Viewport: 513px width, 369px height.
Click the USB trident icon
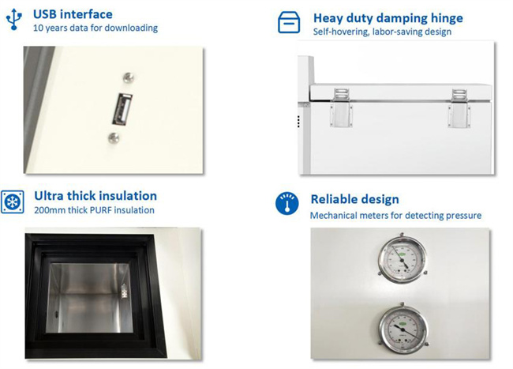click(x=14, y=19)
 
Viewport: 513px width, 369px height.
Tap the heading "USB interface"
click(x=73, y=14)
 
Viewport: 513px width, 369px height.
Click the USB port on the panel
click(x=122, y=109)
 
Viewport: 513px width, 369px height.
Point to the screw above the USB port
click(x=128, y=77)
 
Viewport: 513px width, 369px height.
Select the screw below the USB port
click(x=114, y=137)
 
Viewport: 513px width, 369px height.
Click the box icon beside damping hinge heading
click(x=289, y=22)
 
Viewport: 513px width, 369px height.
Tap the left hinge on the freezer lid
click(x=341, y=107)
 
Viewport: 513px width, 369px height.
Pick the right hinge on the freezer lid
click(x=459, y=107)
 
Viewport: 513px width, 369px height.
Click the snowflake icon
click(x=13, y=201)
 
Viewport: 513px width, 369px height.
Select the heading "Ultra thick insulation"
click(x=95, y=196)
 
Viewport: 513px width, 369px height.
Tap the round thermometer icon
click(x=287, y=203)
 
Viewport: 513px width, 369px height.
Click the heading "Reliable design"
click(x=354, y=199)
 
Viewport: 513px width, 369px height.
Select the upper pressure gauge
click(x=403, y=258)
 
